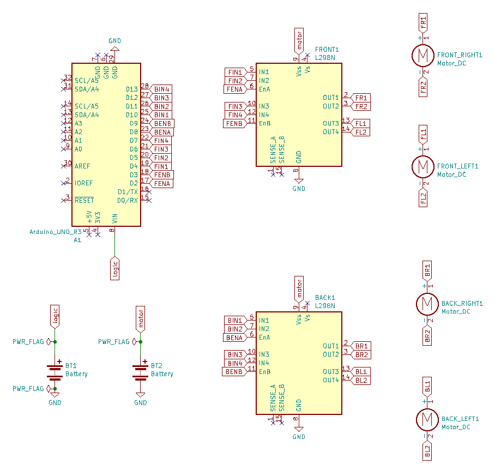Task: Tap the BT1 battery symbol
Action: pyautogui.click(x=55, y=372)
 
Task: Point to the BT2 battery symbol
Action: pyautogui.click(x=140, y=372)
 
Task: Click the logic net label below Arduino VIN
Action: pyautogui.click(x=115, y=269)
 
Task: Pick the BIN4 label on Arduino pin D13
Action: pyautogui.click(x=161, y=89)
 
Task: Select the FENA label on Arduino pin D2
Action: pyautogui.click(x=161, y=183)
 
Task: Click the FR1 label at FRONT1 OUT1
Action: pyautogui.click(x=360, y=98)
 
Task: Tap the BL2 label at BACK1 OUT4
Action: pyautogui.click(x=361, y=381)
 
